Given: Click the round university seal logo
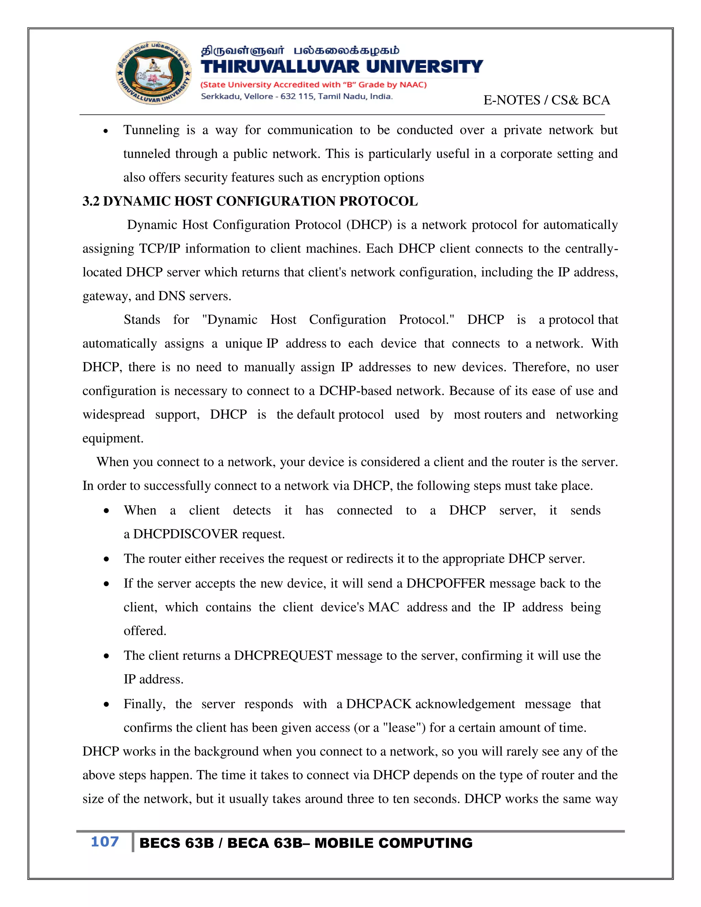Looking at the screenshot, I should [153, 73].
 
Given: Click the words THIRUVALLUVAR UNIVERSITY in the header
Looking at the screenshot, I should [341, 66].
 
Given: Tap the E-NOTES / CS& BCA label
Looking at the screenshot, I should [546, 100].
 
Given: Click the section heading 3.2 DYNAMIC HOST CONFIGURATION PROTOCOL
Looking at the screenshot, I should [250, 201].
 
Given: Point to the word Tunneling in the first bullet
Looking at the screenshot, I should [151, 130].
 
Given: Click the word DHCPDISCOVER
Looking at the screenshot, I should [185, 534].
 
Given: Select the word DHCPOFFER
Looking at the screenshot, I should [446, 584].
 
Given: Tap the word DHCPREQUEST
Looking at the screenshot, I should [283, 656].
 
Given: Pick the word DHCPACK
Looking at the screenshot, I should [378, 704].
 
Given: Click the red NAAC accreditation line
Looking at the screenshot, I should [314, 85].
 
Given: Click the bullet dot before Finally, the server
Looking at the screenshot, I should [107, 705].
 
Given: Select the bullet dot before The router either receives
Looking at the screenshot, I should [107, 559].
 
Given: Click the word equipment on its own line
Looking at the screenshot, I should [113, 438].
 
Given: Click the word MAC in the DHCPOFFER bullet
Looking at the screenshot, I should [383, 607].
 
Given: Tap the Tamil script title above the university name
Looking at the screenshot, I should [300, 51].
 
